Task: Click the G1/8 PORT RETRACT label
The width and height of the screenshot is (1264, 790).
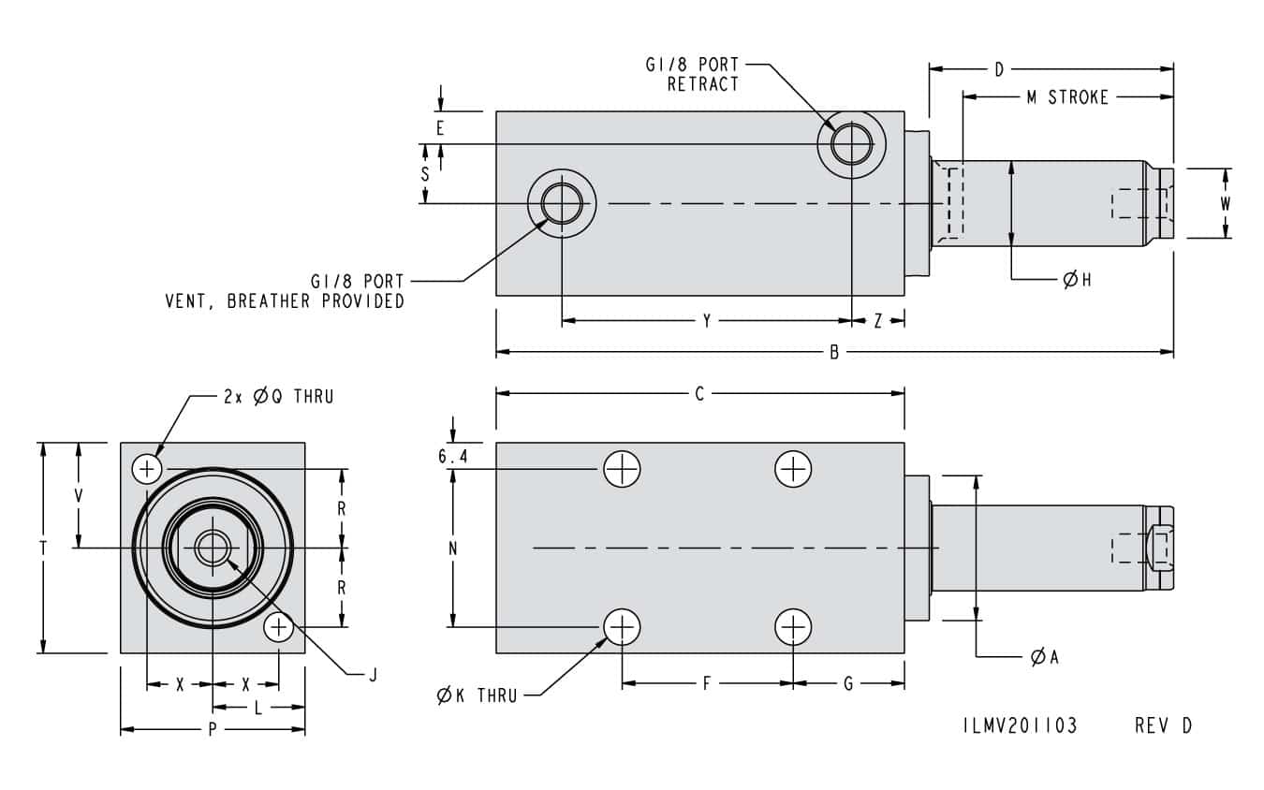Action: [692, 74]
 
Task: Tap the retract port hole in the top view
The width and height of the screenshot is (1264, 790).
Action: [851, 144]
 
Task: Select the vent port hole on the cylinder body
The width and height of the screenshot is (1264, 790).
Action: [562, 204]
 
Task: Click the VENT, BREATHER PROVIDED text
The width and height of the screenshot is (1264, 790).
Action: [285, 301]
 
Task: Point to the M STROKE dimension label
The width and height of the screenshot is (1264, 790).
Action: [1066, 97]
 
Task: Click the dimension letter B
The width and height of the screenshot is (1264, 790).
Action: [834, 353]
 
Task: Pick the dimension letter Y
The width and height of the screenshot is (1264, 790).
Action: [707, 321]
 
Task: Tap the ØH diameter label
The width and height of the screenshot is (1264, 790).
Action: [1077, 280]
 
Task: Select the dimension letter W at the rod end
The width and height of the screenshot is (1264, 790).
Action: [1225, 203]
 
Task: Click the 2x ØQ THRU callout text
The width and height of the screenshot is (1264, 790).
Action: [278, 396]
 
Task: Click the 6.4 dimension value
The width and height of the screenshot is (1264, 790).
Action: [452, 457]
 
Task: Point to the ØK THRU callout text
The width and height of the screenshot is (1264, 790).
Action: [477, 695]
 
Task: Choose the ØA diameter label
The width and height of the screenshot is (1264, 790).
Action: [1044, 657]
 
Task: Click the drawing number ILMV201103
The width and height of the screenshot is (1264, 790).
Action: [1020, 725]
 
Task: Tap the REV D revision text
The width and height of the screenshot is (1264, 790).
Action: [1163, 725]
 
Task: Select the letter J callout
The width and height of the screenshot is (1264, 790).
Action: [372, 673]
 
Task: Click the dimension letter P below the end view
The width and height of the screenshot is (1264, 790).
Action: [213, 730]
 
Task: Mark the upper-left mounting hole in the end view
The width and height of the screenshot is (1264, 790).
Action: [147, 467]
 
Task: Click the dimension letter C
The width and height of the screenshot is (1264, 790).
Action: [698, 395]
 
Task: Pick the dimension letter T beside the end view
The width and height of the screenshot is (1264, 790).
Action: [43, 549]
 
